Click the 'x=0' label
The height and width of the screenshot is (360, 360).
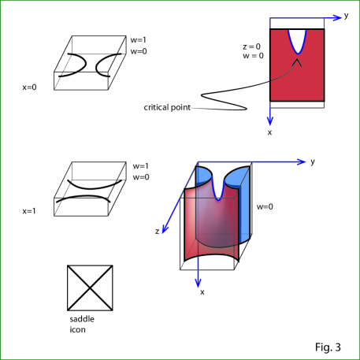[29, 87]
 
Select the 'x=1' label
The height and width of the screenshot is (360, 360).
[29, 211]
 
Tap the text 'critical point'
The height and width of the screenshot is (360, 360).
[167, 107]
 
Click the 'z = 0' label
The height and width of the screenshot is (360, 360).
[251, 46]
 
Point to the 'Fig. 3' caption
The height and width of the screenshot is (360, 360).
[328, 347]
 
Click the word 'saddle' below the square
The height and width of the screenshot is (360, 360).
[82, 319]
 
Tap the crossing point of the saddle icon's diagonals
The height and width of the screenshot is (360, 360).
[90, 288]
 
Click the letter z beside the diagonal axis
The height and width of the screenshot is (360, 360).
[157, 232]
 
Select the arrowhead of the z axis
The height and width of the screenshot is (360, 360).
[165, 229]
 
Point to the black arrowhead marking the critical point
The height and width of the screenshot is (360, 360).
[297, 62]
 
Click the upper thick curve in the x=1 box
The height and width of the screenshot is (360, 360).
[95, 186]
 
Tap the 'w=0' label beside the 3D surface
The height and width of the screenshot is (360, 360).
[265, 207]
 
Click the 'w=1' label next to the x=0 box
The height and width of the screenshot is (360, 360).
[139, 40]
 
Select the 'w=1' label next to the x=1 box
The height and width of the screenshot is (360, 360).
[141, 166]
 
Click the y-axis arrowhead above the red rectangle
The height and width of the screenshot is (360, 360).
[337, 17]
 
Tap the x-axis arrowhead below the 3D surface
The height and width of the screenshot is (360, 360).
[199, 283]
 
